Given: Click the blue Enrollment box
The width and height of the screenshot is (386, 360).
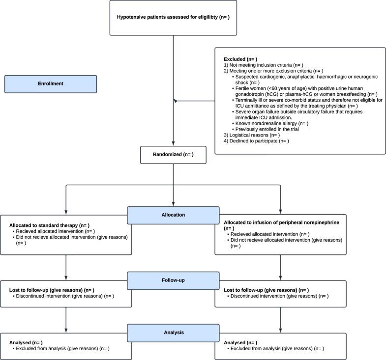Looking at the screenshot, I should pos(51,83).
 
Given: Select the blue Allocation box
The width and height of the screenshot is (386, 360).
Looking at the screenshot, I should pos(173,215).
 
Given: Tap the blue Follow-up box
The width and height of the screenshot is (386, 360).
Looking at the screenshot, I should pos(173,281).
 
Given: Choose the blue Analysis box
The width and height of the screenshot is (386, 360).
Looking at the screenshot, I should pos(173,332).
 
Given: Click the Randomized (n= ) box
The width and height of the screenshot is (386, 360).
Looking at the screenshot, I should pos(173,154).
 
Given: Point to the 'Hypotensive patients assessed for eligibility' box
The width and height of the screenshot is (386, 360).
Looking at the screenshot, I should pos(173,18).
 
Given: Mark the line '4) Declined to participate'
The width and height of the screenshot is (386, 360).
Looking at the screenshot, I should pos(256,141).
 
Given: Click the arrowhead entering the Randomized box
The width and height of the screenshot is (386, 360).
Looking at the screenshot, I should pos(173,143).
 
